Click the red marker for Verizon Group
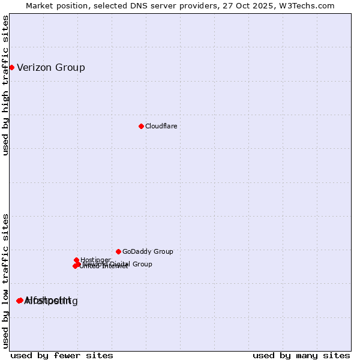point(11,67)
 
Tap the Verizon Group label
point(51,67)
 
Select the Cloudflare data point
point(141,126)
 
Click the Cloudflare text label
point(161,126)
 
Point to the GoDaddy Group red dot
point(118,251)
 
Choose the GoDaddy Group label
point(148,251)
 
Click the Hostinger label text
point(95,260)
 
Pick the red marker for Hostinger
point(76,260)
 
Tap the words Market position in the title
point(52,5)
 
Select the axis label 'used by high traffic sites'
point(6,85)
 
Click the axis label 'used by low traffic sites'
point(6,280)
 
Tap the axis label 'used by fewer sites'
point(62,356)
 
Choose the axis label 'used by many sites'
point(301,356)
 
